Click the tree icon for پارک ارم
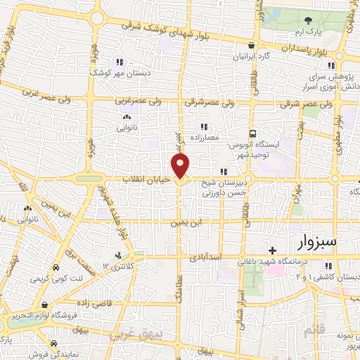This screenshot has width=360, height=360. point(308,23)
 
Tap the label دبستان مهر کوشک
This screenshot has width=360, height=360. point(117,71)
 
